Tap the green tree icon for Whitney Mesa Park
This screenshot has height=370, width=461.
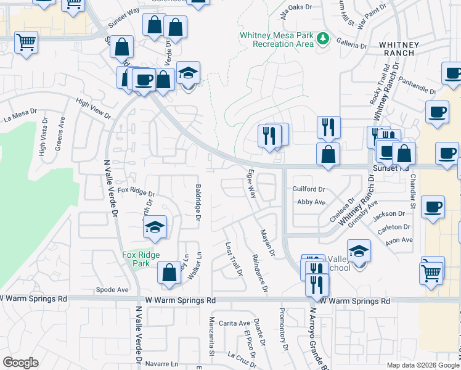[x=322, y=39]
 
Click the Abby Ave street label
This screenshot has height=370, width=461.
[x=311, y=202]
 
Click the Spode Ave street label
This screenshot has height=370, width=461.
[x=112, y=289]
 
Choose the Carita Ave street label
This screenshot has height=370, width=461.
[x=234, y=323]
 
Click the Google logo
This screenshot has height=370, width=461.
[x=20, y=363]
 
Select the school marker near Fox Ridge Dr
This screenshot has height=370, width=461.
[x=155, y=227]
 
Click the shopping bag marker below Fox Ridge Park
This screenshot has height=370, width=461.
[x=168, y=273]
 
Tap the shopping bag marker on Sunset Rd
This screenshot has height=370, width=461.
[x=328, y=154]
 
